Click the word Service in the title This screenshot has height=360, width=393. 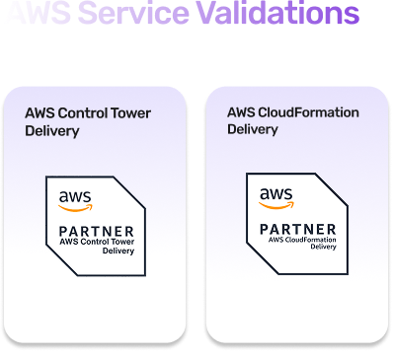click(x=135, y=15)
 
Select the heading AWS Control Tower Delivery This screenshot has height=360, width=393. click(x=87, y=121)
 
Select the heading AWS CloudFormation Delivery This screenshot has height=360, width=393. click(x=292, y=121)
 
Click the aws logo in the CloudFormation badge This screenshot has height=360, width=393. click(x=275, y=197)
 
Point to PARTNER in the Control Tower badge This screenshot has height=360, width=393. click(x=98, y=231)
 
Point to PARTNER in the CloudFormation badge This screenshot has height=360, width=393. click(x=296, y=228)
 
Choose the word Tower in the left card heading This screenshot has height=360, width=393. click(x=131, y=113)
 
